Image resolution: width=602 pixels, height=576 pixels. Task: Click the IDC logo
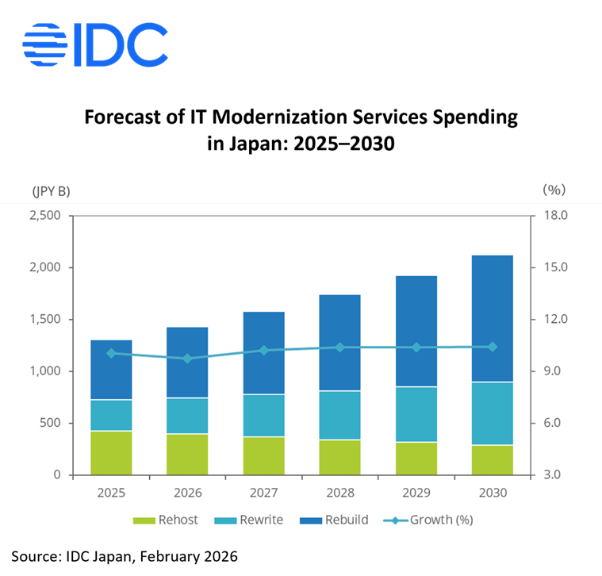(x=96, y=44)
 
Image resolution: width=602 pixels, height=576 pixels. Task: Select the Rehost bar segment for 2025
(x=111, y=452)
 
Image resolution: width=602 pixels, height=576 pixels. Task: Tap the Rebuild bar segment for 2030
(x=492, y=318)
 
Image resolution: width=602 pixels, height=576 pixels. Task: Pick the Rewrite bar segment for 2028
(x=339, y=415)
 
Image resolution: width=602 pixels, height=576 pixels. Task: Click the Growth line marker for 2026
(x=187, y=359)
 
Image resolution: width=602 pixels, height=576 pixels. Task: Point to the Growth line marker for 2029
(x=416, y=348)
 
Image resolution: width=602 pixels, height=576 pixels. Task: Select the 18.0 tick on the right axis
(x=554, y=216)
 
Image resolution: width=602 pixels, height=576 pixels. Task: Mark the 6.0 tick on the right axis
(x=554, y=423)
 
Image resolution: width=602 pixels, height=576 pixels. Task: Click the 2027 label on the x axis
(x=263, y=492)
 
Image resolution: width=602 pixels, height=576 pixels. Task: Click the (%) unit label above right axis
(x=553, y=190)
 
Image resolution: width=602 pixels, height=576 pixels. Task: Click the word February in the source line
(x=155, y=556)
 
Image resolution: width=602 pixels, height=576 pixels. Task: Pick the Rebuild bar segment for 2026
(x=187, y=363)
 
